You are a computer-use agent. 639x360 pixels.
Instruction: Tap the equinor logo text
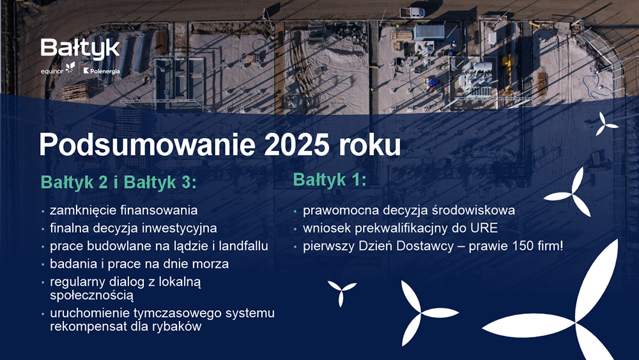pos(52,72)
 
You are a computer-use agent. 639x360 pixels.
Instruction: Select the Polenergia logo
pos(102,71)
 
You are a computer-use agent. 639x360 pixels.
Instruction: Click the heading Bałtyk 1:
pos(330,180)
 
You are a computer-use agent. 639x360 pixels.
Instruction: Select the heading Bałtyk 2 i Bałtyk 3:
pos(119,182)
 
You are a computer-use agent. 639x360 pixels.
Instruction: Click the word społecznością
pos(91,295)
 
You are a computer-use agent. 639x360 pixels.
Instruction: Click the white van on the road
pos(412,12)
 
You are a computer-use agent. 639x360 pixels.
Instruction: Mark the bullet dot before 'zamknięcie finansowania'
pos(43,211)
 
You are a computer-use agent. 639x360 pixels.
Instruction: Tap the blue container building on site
pos(429,32)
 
